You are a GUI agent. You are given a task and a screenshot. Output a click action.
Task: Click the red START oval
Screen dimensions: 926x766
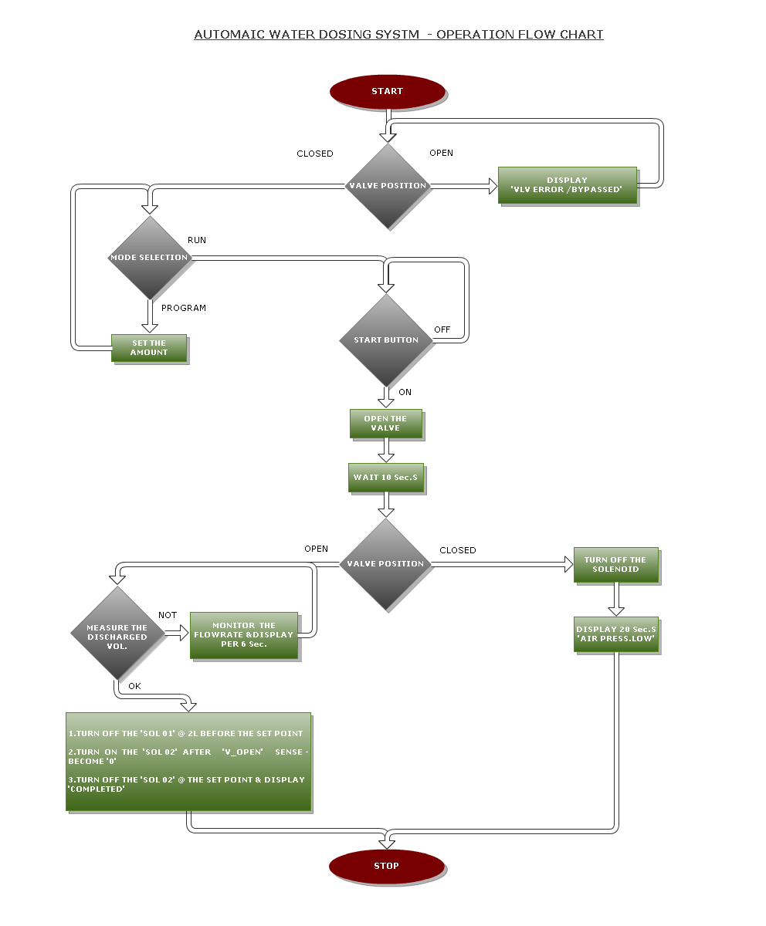coord(387,91)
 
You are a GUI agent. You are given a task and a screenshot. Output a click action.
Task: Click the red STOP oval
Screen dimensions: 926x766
coord(386,866)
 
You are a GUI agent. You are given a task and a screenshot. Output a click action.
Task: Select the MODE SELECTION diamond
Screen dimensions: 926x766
coord(149,257)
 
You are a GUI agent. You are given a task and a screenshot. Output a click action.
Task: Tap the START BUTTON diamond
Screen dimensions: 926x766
coord(386,340)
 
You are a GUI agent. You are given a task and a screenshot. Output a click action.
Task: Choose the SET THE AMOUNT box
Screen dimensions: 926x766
coord(149,348)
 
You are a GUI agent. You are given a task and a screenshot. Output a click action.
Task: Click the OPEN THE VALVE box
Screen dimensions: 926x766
coord(386,424)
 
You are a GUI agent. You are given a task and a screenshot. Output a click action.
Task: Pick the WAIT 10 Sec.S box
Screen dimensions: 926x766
coord(386,477)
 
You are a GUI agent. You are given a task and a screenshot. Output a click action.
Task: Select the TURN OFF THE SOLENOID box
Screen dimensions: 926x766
coord(615,565)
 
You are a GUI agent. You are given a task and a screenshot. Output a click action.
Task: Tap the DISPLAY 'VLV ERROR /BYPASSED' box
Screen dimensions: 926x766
coord(567,185)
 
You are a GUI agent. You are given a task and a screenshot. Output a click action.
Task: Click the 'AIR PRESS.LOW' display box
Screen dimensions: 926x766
coord(615,634)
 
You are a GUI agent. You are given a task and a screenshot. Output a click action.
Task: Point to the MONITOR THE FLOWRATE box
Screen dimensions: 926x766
coord(243,635)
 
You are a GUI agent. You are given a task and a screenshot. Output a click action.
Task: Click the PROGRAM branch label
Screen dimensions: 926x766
coord(184,308)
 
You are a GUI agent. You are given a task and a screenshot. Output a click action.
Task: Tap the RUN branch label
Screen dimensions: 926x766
coord(197,240)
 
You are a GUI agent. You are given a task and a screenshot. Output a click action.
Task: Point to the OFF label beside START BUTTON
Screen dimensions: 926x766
coord(442,330)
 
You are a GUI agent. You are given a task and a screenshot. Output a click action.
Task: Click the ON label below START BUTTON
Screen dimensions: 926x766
coord(405,392)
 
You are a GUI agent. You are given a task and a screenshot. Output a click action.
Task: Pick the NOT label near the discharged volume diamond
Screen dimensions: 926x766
coord(168,615)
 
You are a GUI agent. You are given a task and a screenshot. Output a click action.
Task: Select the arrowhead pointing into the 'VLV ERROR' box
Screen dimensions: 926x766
coord(492,186)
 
